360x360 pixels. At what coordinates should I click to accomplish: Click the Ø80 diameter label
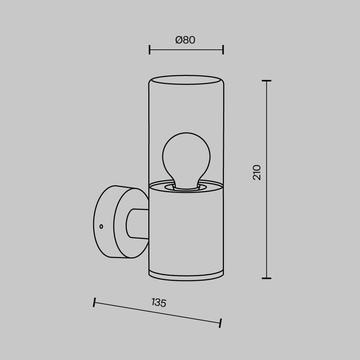[x=185, y=40]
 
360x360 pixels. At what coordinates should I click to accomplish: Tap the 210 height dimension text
[x=257, y=172]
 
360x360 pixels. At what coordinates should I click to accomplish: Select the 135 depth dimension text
[x=159, y=302]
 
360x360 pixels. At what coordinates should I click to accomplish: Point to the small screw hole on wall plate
[x=101, y=226]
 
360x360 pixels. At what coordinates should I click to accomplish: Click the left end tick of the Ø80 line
[x=149, y=50]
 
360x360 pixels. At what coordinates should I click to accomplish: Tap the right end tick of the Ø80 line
[x=223, y=50]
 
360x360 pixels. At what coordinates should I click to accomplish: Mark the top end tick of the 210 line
[x=266, y=81]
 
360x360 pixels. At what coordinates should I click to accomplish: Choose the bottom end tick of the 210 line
[x=266, y=278]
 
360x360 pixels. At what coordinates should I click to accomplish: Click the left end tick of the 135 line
[x=94, y=302]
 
